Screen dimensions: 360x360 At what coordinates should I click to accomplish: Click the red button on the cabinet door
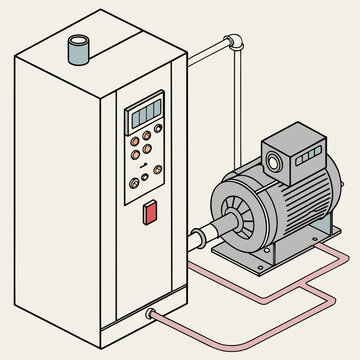coord(151,212)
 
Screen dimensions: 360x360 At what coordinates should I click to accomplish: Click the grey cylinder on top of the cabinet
coord(78,49)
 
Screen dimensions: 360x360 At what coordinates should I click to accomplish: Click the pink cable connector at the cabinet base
coord(152,315)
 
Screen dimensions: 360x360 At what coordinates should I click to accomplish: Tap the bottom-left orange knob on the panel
coord(134,183)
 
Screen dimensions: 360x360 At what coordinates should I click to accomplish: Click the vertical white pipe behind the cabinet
coord(237,100)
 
